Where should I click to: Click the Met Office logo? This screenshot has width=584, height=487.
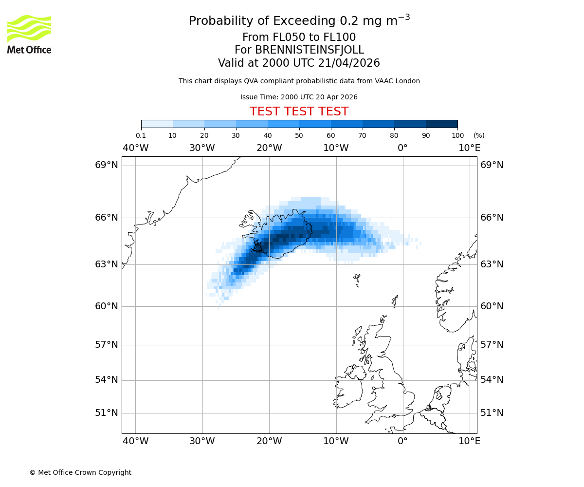[x=29, y=34]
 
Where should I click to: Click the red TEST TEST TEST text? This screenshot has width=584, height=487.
[x=299, y=112]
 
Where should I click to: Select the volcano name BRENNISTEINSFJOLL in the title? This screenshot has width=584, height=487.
[x=310, y=50]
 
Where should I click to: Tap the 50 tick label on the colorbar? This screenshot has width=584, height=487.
[x=299, y=135]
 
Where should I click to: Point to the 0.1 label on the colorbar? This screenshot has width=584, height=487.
[x=141, y=135]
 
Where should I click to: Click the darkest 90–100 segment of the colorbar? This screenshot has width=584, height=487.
[x=441, y=124]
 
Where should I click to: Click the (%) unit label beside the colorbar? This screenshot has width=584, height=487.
[x=479, y=135]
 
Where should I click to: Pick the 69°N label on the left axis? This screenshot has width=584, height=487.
[x=107, y=165]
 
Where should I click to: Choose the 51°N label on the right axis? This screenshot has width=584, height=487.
[x=492, y=413]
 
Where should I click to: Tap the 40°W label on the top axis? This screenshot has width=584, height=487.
[x=135, y=148]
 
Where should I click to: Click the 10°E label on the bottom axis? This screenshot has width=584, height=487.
[x=469, y=441]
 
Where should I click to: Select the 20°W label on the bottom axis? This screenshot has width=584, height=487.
[x=269, y=441]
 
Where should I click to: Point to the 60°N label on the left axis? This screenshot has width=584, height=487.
[x=107, y=306]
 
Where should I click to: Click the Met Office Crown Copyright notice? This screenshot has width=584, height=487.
[x=80, y=472]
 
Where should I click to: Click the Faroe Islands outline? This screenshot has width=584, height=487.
[x=357, y=280]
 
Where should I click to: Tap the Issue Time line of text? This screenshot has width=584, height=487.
[x=299, y=97]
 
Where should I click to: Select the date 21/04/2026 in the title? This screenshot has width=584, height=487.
[x=349, y=63]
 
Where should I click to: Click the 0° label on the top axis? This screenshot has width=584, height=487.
[x=402, y=148]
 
